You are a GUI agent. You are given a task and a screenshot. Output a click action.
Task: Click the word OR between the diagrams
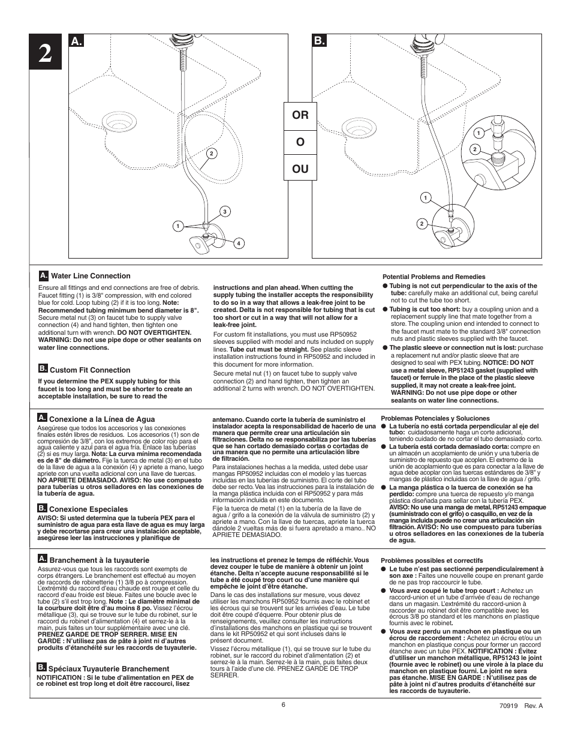(x=300, y=114)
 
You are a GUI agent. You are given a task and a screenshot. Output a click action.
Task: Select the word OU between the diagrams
(x=300, y=169)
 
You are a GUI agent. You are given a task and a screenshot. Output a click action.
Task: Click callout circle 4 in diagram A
(x=238, y=243)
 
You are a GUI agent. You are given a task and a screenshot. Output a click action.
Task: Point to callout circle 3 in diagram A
(x=224, y=211)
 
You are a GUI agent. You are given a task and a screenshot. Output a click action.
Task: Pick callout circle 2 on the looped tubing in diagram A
(x=211, y=153)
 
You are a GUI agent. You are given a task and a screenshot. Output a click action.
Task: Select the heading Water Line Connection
(x=90, y=276)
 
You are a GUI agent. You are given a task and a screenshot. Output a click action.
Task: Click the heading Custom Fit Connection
(x=89, y=370)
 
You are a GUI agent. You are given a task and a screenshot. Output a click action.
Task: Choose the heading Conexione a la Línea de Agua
(x=101, y=419)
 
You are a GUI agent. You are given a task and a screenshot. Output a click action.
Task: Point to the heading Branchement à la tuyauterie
(x=99, y=560)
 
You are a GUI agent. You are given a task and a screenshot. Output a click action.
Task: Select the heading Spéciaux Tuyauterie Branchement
(x=109, y=669)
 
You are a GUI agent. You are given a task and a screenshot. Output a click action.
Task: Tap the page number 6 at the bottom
(x=283, y=705)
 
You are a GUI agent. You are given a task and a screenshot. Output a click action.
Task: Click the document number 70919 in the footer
(x=511, y=706)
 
